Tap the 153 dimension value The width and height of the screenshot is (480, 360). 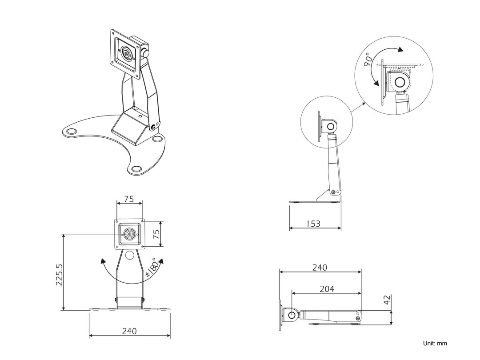click(x=313, y=224)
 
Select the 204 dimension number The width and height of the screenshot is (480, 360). click(x=327, y=289)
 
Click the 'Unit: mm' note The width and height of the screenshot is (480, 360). click(x=435, y=344)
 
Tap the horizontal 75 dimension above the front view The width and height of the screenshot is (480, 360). click(x=129, y=199)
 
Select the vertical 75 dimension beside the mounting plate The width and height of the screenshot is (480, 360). click(x=156, y=234)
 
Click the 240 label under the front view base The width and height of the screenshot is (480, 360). click(x=129, y=331)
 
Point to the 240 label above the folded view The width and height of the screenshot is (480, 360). click(x=319, y=268)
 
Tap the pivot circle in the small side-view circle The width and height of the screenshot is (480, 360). click(x=331, y=127)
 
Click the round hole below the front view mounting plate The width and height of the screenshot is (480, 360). click(x=129, y=255)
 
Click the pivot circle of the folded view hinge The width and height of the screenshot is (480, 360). click(x=292, y=315)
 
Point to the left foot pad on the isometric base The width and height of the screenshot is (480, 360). click(x=71, y=132)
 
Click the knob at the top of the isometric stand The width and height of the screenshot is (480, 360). click(x=146, y=52)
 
